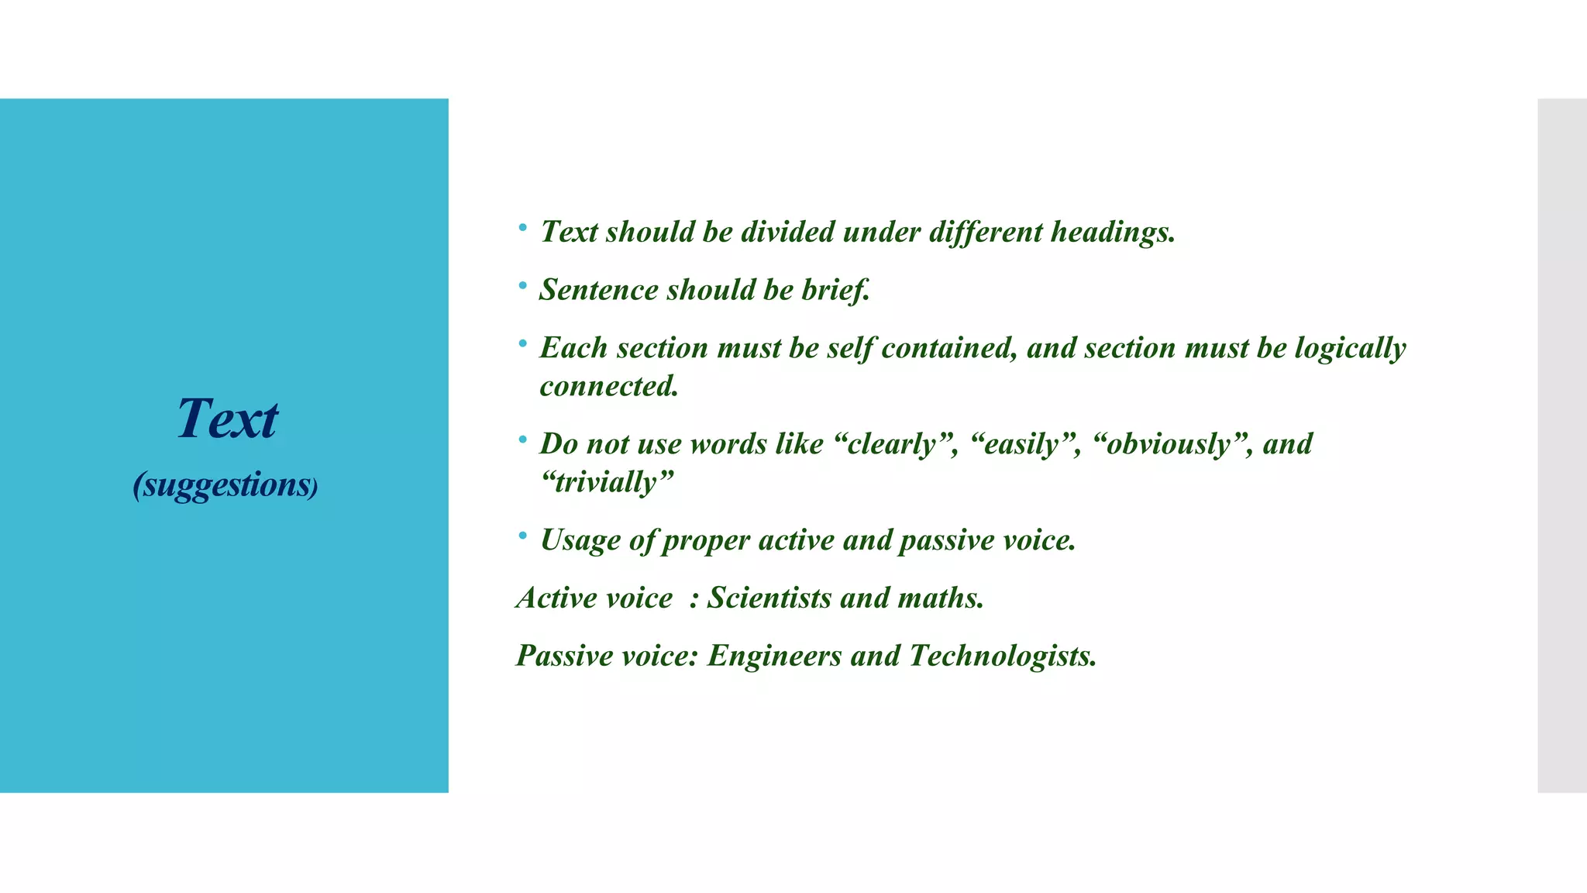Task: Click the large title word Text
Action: pos(227,419)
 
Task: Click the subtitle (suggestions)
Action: pos(225,485)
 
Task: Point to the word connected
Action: pos(609,386)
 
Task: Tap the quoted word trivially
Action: pos(607,482)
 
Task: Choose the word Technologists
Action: pos(1003,656)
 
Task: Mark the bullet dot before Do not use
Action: pos(523,440)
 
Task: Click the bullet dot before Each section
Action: pos(523,343)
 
